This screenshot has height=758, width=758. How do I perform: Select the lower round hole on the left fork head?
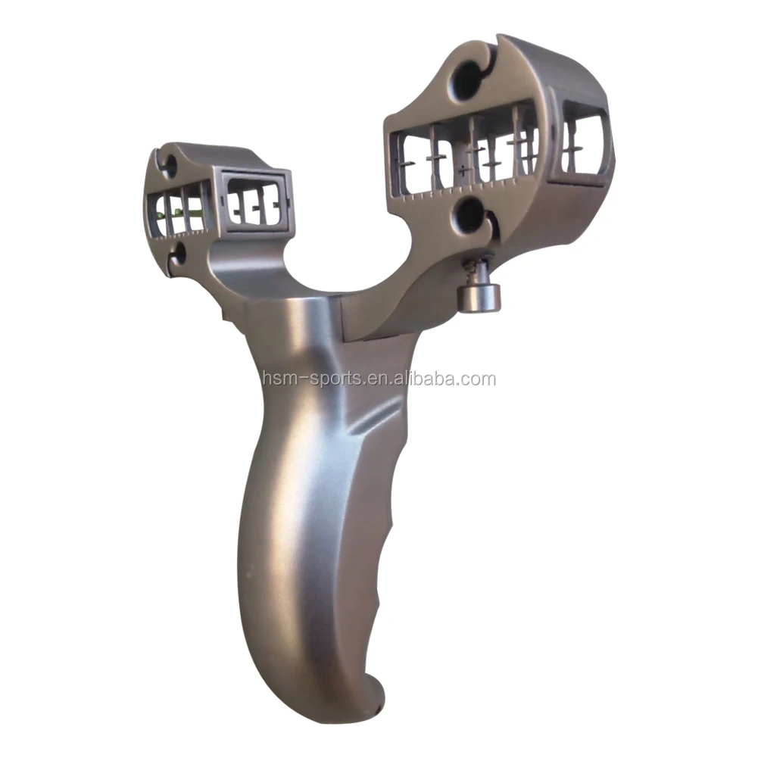[x=179, y=254]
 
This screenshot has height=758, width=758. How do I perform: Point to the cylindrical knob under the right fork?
[x=479, y=296]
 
